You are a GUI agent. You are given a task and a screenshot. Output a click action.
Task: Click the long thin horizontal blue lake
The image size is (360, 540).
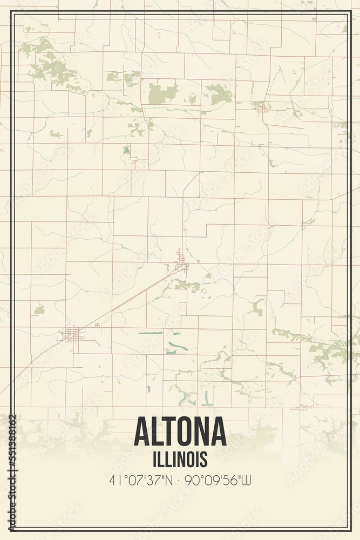151,333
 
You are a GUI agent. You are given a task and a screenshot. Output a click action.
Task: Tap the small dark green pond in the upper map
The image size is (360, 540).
126,150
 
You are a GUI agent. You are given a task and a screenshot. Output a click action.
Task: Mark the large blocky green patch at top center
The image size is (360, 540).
162,93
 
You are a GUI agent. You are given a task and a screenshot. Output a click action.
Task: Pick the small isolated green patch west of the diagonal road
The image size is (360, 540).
39,309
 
